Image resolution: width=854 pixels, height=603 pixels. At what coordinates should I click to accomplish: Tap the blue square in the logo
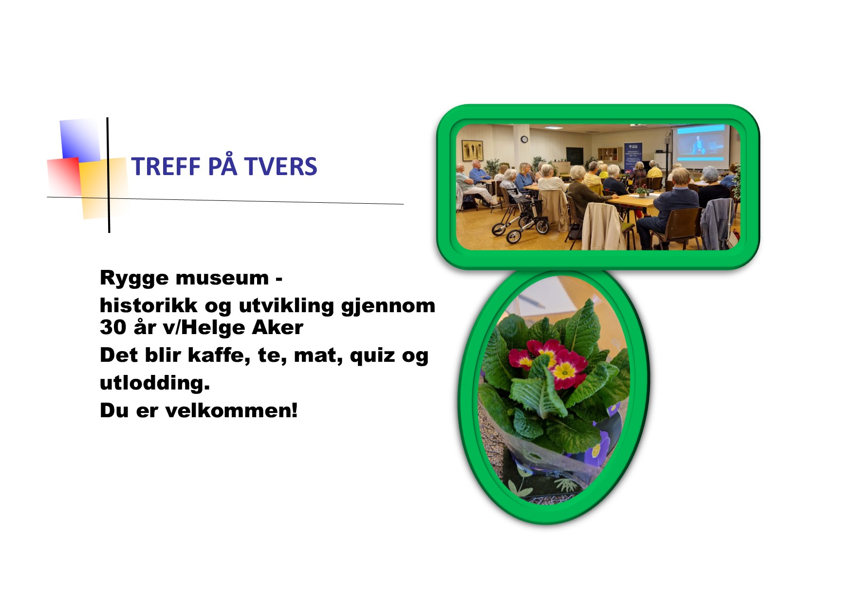79,140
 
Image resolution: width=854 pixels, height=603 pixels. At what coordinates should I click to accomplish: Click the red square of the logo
63,176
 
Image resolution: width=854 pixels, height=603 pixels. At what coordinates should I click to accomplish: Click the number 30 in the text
112,327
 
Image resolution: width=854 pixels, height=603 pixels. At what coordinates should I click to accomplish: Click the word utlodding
154,383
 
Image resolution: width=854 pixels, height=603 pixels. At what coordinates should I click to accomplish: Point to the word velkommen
231,411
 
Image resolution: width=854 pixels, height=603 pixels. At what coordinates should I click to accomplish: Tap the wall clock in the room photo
524,140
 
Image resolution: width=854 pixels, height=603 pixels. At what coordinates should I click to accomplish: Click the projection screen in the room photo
701,143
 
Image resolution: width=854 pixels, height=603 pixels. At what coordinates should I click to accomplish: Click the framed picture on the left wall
471,150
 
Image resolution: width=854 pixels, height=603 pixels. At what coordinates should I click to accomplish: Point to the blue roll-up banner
633,155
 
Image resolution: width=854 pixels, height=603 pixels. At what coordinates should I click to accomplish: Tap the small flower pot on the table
642,192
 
